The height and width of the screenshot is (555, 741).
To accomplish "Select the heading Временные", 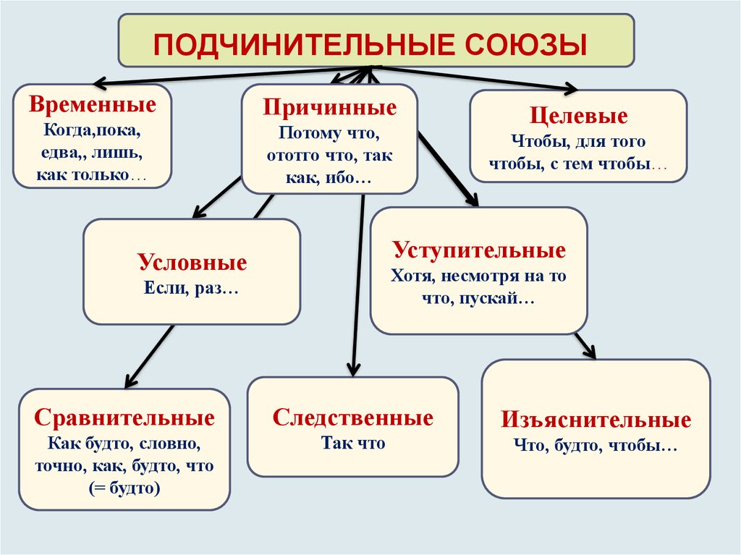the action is click(93, 104).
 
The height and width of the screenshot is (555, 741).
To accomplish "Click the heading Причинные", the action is click(330, 107).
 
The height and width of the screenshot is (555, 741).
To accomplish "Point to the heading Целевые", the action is click(578, 116).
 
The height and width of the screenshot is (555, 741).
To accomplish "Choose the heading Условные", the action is click(192, 263).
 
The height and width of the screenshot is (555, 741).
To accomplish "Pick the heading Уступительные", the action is click(479, 250).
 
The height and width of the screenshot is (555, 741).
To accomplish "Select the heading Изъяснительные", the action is click(596, 420).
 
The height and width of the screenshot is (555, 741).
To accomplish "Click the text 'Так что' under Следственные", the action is click(353, 443).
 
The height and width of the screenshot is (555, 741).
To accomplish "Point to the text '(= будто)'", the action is click(124, 488).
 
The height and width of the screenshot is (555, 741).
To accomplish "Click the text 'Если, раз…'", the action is click(191, 288).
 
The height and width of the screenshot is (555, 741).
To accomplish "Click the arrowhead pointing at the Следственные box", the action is click(353, 370).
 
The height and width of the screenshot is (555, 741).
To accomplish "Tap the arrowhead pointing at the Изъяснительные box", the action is click(589, 352).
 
